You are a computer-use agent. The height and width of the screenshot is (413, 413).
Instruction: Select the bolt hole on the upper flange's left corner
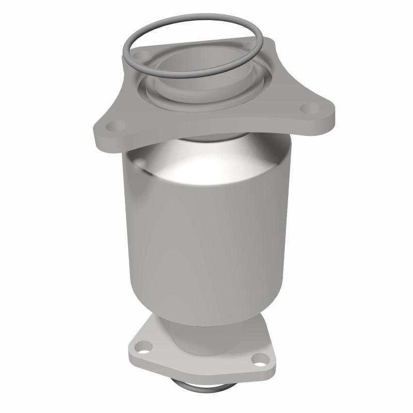[x=117, y=125]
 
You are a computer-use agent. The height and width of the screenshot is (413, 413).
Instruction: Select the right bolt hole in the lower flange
[x=258, y=359]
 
